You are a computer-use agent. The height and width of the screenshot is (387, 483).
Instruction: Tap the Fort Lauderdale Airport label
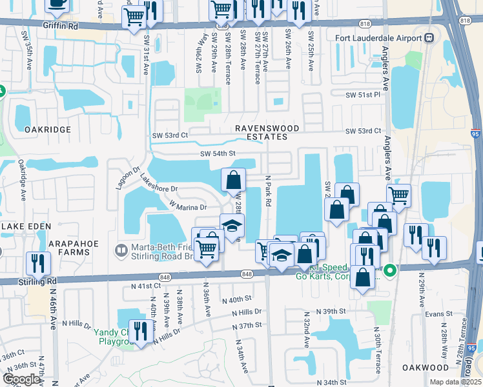coord(378,37)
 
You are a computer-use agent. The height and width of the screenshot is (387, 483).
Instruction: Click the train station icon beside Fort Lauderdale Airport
coord(429,37)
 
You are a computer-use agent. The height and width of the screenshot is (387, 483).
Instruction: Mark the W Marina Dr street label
coord(188,206)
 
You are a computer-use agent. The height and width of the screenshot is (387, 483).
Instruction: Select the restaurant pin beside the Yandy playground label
coord(140,330)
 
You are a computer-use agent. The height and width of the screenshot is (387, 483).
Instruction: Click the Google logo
coord(21,379)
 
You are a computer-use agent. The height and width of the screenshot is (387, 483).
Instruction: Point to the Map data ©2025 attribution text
coord(456,382)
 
